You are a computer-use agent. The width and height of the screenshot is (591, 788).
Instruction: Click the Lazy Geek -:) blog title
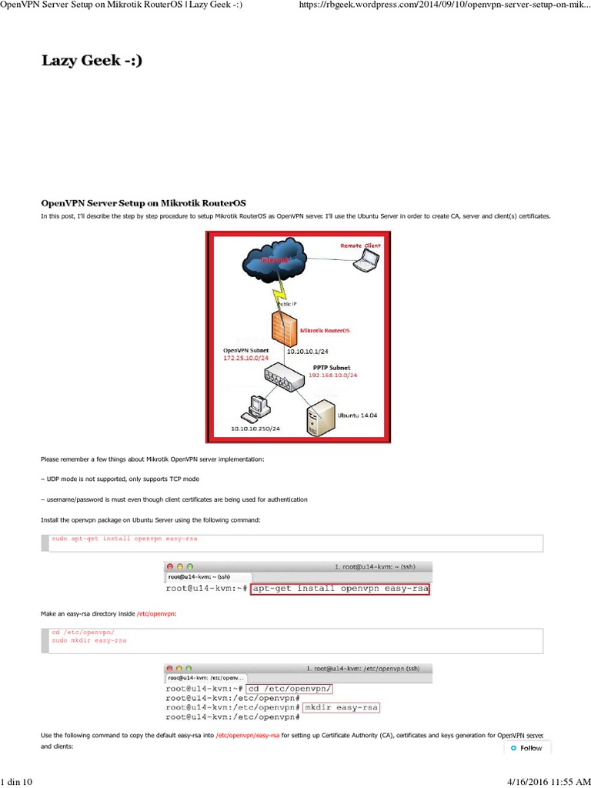[92, 61]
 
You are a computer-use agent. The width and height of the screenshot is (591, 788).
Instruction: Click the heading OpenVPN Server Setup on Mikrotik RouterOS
[143, 202]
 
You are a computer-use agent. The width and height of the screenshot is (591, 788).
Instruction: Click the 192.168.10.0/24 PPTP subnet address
[333, 376]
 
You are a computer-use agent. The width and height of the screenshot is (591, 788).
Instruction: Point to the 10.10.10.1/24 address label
[308, 351]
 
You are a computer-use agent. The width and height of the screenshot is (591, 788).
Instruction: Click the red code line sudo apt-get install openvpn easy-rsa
[124, 539]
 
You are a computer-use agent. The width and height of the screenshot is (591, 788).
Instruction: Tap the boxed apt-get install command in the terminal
[340, 589]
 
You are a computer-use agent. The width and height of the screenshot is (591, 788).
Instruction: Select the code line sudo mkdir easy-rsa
[88, 639]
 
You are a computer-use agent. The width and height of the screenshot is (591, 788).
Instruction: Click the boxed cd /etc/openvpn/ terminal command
[289, 688]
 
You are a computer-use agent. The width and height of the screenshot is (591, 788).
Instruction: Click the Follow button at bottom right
[526, 748]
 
